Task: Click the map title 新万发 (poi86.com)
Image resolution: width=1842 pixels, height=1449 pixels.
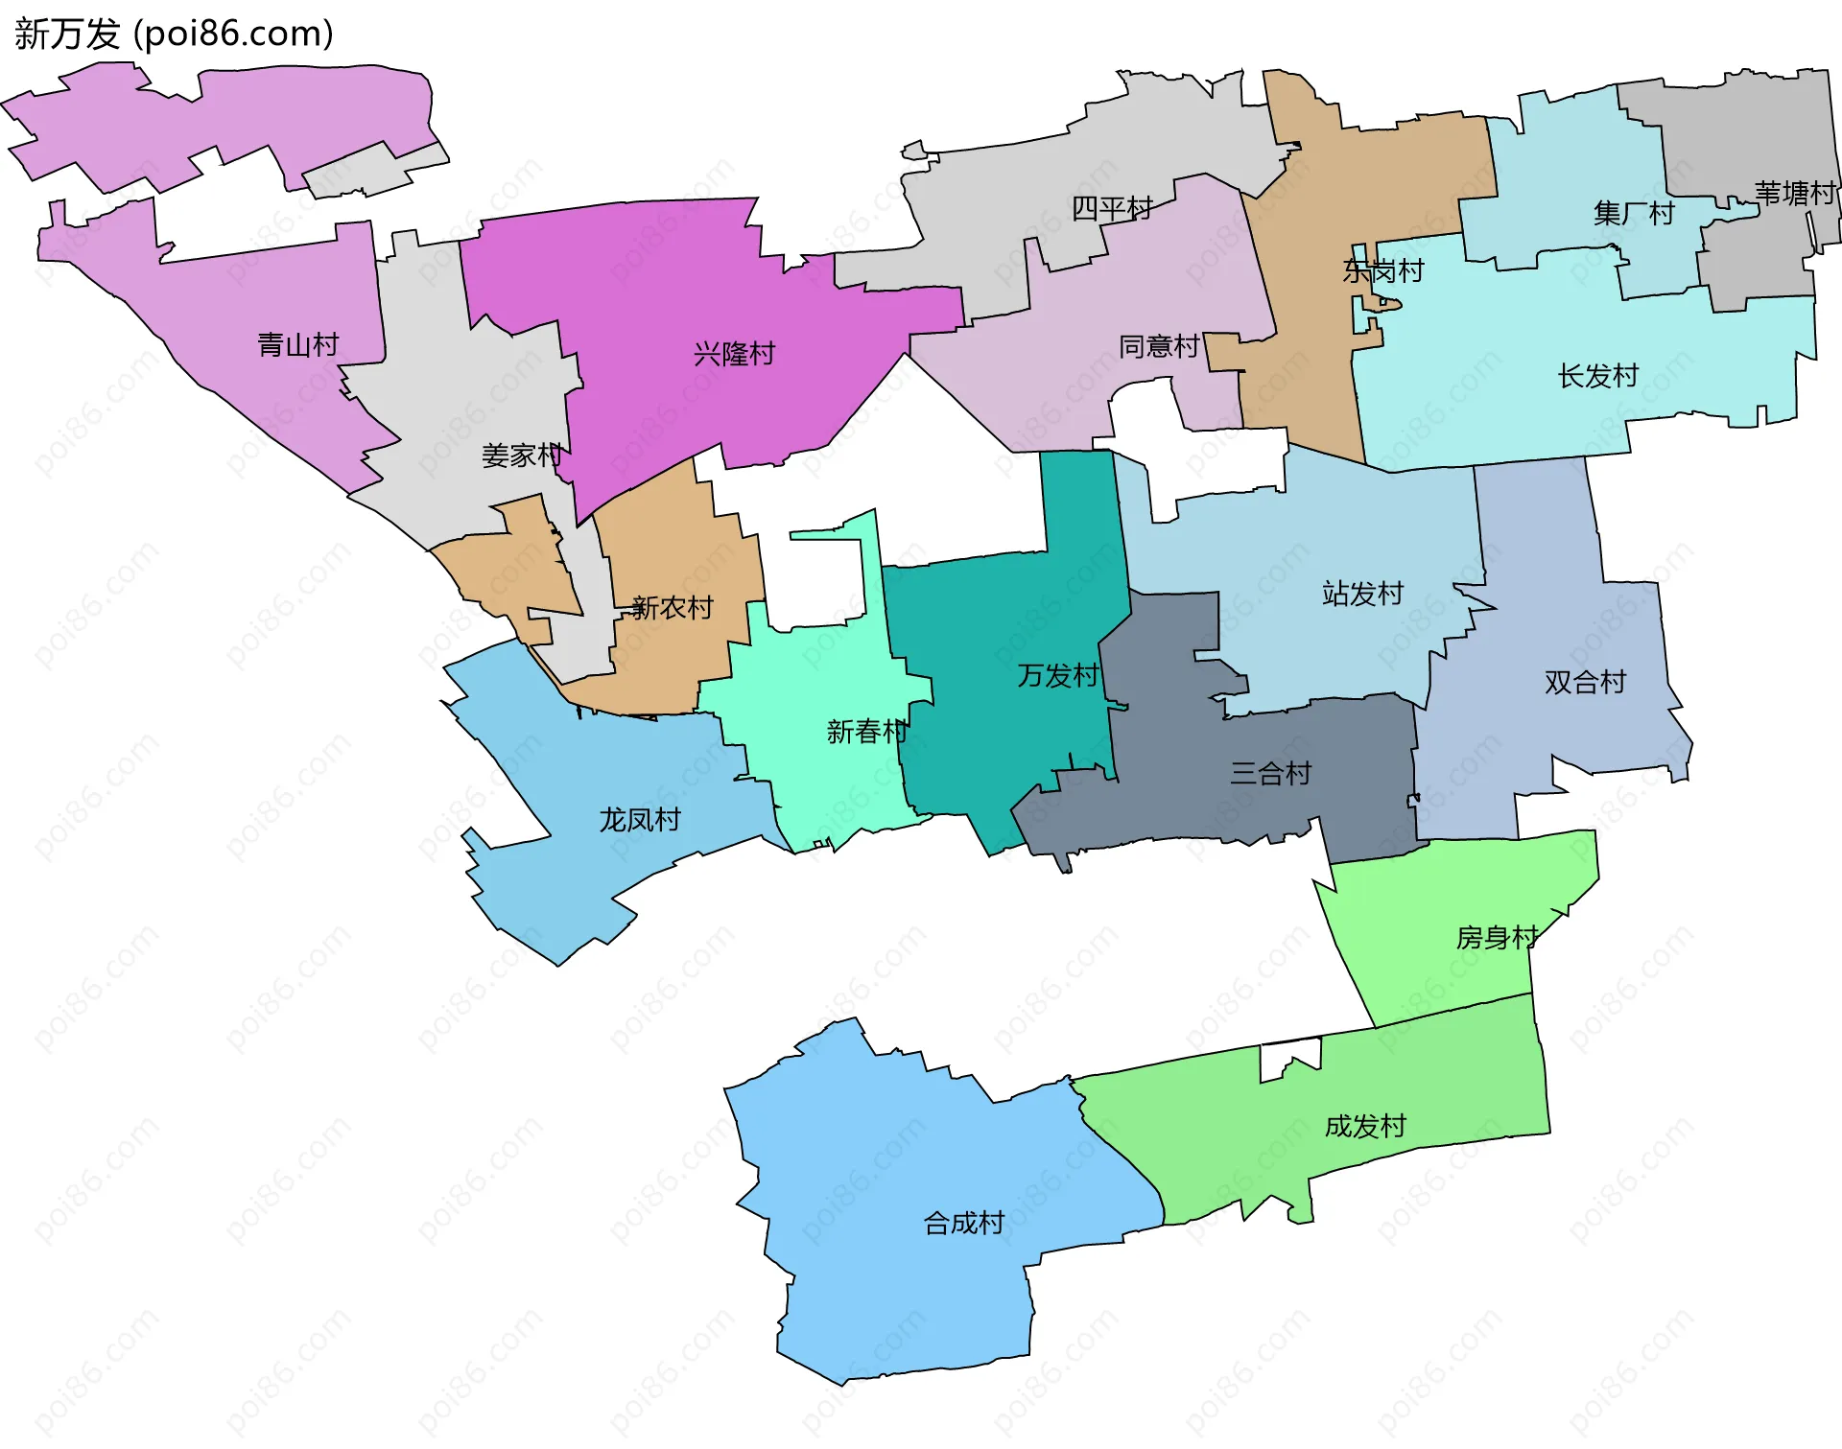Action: tap(174, 35)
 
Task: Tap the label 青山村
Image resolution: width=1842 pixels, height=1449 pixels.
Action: tap(298, 345)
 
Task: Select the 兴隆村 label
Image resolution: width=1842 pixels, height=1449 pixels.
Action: tap(734, 355)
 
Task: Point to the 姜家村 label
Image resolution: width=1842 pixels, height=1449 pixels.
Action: tap(521, 456)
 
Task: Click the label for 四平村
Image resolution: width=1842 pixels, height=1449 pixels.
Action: tap(1111, 208)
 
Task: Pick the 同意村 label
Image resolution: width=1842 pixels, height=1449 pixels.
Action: tap(1159, 346)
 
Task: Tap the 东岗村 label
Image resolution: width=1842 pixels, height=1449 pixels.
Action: tap(1382, 271)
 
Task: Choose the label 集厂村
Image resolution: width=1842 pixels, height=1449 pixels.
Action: tap(1633, 213)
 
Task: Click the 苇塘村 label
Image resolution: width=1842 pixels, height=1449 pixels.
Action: tap(1794, 194)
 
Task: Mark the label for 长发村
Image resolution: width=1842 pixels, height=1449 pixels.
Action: tap(1597, 376)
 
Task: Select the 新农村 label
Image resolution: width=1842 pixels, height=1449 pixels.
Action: tap(673, 608)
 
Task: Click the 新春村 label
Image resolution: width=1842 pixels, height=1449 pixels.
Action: tap(866, 733)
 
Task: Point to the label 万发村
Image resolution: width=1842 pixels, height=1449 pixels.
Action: tap(1057, 676)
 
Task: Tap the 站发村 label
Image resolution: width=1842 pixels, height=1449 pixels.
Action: tap(1362, 594)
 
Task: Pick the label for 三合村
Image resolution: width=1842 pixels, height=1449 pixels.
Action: tap(1270, 774)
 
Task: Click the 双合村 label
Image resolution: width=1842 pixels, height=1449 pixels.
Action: tap(1585, 683)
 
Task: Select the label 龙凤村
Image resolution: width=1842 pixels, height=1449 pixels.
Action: tap(640, 820)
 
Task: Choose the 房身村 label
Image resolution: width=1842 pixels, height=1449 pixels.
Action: tap(1497, 938)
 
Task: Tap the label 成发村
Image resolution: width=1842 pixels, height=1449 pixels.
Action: tap(1365, 1127)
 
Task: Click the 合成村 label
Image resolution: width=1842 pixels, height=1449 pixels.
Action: tap(963, 1224)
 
